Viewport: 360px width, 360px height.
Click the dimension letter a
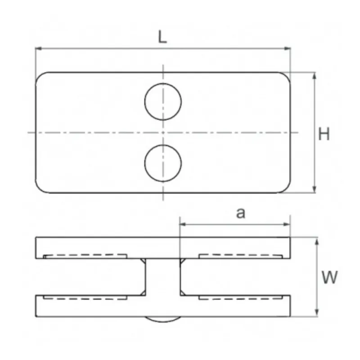tap(241, 213)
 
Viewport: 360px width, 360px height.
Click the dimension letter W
tap(330, 278)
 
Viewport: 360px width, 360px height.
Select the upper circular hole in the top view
tap(163, 102)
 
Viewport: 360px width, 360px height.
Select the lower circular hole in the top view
tap(163, 163)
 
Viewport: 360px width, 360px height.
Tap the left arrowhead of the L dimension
tap(38, 48)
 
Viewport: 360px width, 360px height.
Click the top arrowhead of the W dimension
tap(318, 241)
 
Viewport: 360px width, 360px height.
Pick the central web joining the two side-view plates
tap(163, 277)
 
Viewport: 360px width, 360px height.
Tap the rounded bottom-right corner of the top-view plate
tap(287, 189)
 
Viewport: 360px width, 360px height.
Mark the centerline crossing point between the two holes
tap(163, 132)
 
